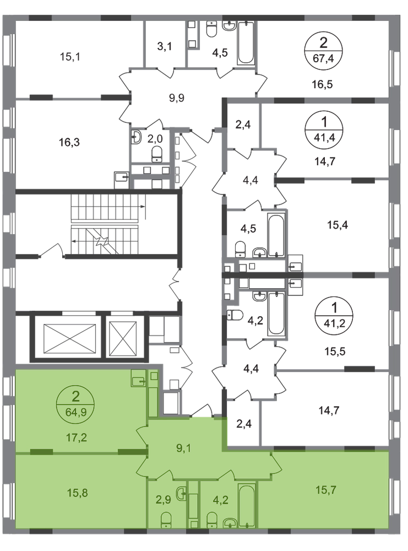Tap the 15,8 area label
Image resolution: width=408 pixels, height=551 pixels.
[75, 490]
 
